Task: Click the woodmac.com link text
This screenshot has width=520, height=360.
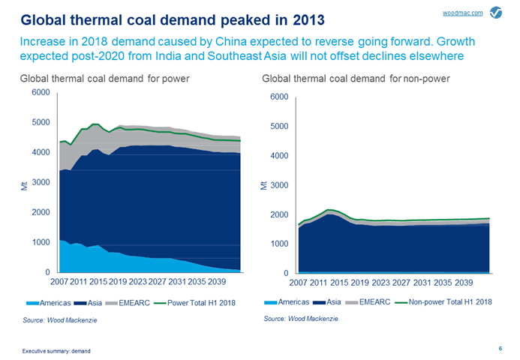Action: click(x=467, y=13)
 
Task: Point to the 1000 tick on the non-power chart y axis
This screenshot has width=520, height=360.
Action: click(x=280, y=244)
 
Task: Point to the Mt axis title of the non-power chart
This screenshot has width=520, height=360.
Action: click(x=264, y=185)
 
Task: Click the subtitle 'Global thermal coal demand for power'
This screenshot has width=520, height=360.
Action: click(x=104, y=77)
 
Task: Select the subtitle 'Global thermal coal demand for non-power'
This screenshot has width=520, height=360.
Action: click(x=355, y=77)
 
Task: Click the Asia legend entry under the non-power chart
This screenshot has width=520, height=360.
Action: click(x=335, y=301)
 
